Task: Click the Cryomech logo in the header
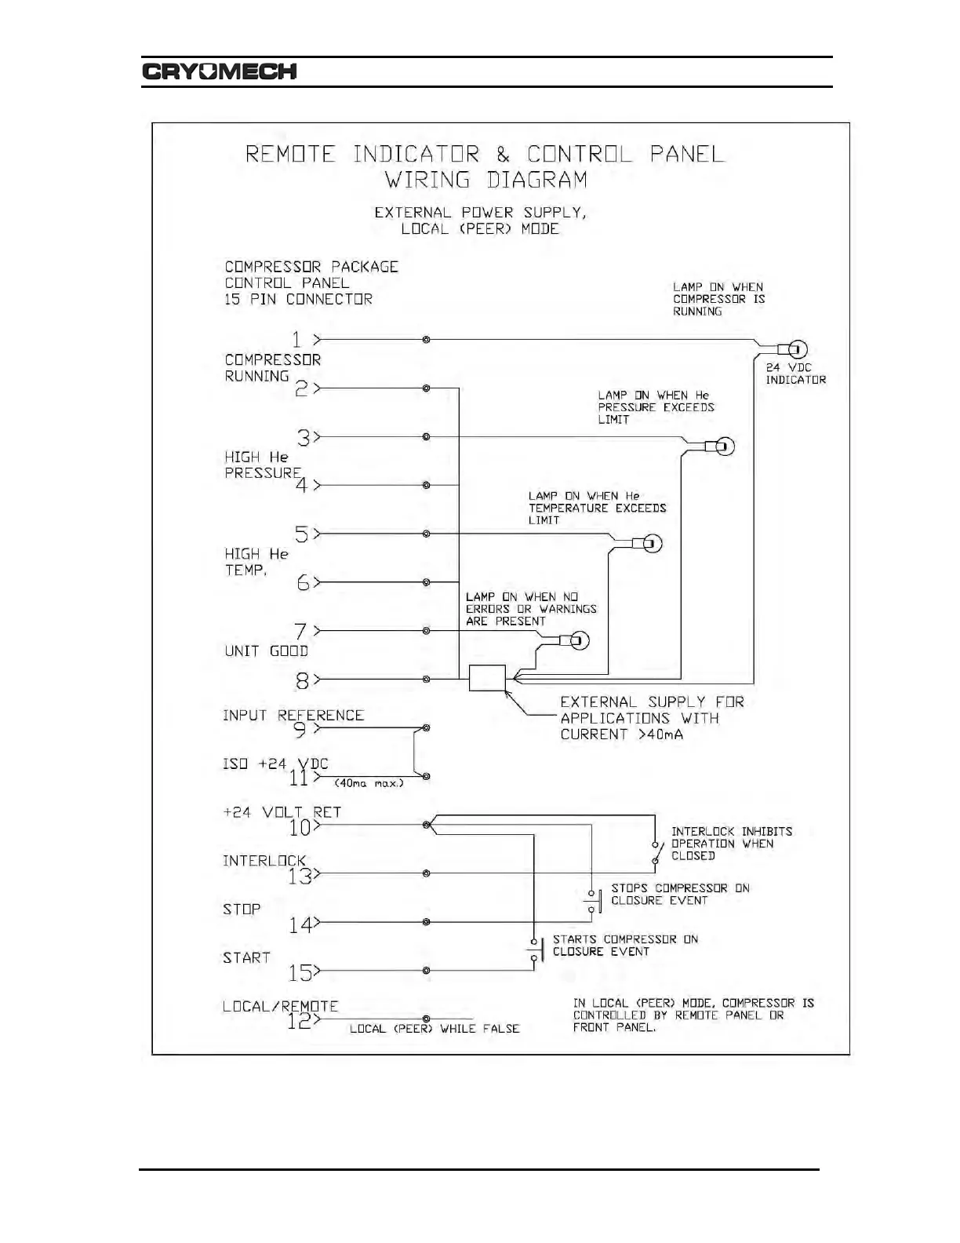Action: (x=220, y=71)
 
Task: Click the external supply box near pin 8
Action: (x=487, y=678)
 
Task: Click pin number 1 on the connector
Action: (x=296, y=340)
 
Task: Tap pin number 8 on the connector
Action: (x=302, y=680)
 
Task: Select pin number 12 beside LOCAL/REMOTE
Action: (x=299, y=1021)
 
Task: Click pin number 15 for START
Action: (x=300, y=973)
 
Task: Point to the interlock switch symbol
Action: (x=657, y=853)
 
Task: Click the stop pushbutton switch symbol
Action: (x=593, y=901)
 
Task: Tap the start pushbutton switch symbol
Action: (x=536, y=950)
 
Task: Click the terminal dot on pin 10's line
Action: (x=426, y=825)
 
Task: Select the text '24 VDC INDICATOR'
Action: (x=795, y=374)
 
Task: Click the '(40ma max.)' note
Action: (x=369, y=783)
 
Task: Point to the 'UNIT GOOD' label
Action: (x=266, y=651)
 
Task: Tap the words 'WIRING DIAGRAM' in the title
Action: (x=485, y=180)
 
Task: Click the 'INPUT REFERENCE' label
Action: (x=293, y=716)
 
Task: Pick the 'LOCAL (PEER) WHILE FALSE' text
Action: (x=435, y=1029)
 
